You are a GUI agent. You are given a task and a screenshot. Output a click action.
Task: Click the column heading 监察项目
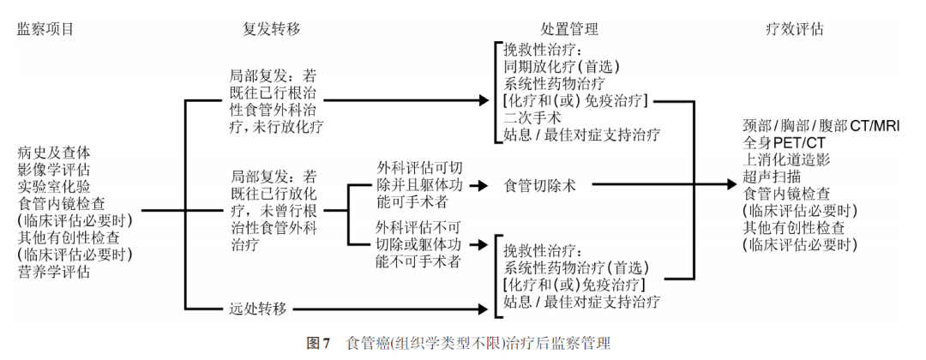click(x=45, y=29)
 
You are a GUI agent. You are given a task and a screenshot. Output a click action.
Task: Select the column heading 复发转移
click(x=273, y=29)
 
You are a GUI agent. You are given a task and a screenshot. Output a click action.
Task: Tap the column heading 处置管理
click(x=569, y=29)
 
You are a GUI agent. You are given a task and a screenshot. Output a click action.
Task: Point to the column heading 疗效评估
click(x=794, y=29)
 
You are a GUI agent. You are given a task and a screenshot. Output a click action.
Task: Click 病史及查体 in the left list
click(x=52, y=153)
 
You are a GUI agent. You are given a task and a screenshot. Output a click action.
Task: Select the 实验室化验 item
click(x=52, y=185)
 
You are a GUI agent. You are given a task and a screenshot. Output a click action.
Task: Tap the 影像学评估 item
click(x=52, y=169)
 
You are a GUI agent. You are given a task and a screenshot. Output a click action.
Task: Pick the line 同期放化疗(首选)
click(x=562, y=67)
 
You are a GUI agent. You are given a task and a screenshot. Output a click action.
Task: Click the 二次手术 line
click(x=528, y=117)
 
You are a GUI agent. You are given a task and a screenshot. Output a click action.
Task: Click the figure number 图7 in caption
click(x=319, y=344)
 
